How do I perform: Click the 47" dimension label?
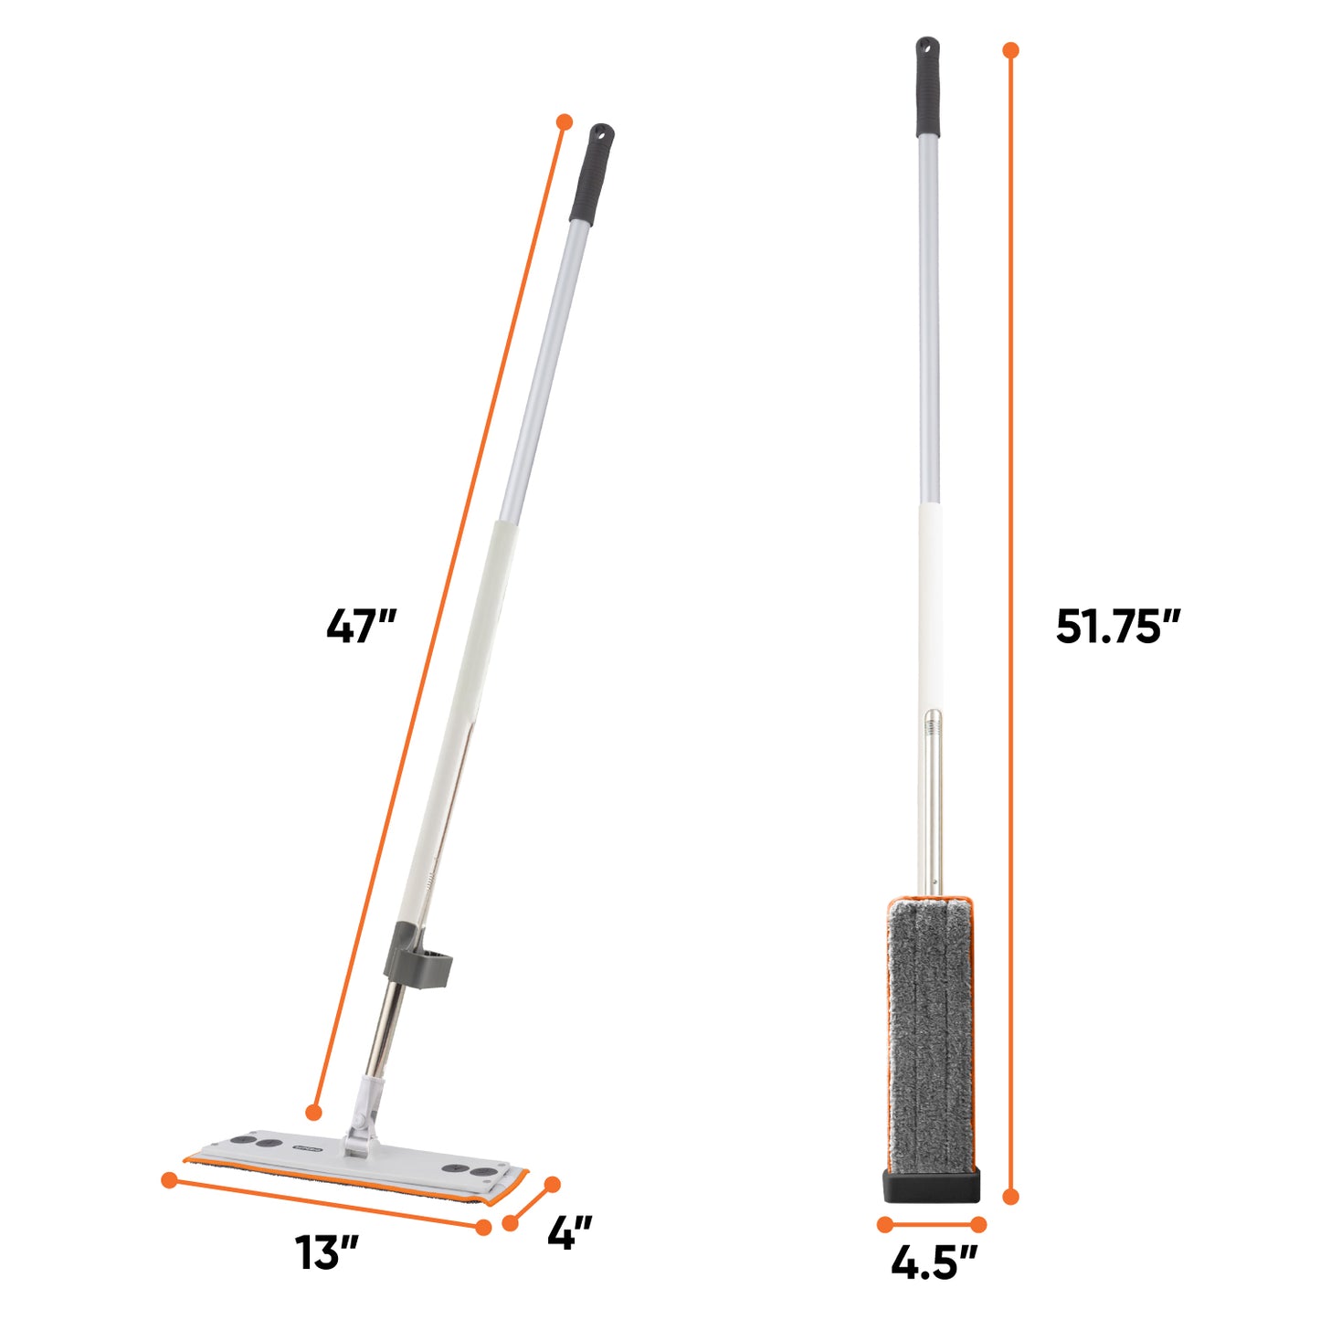362,628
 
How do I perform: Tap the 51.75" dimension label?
1118,628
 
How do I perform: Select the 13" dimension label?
326,1251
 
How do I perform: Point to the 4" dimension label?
570,1233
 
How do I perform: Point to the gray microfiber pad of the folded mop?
931,1032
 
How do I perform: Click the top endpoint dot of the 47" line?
564,121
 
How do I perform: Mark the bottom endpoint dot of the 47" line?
313,1112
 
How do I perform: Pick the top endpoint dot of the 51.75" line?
1010,50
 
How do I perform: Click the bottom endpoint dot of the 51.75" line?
1010,1196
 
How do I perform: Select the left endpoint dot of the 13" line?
169,1180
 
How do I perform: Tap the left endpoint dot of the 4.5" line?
884,1224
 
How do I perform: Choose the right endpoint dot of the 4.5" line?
978,1224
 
